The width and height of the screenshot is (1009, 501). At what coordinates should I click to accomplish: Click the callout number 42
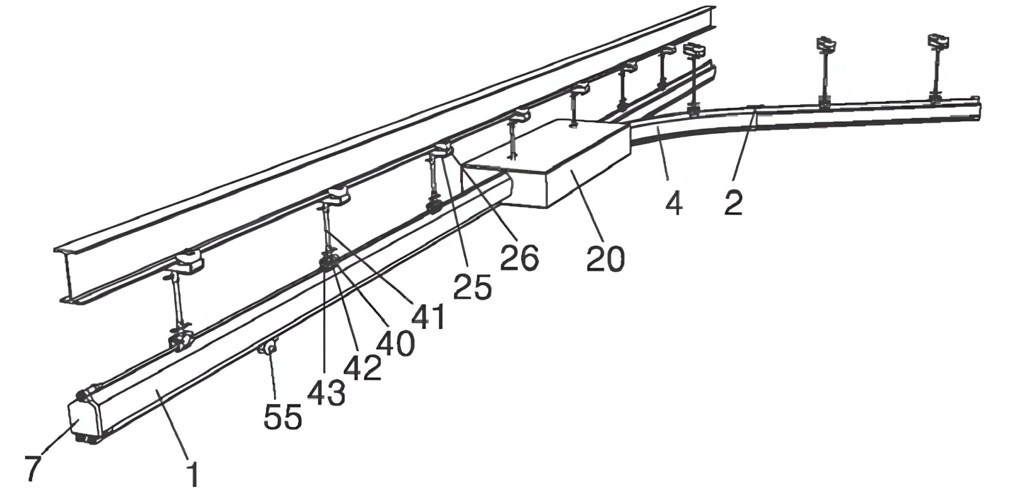pos(362,367)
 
